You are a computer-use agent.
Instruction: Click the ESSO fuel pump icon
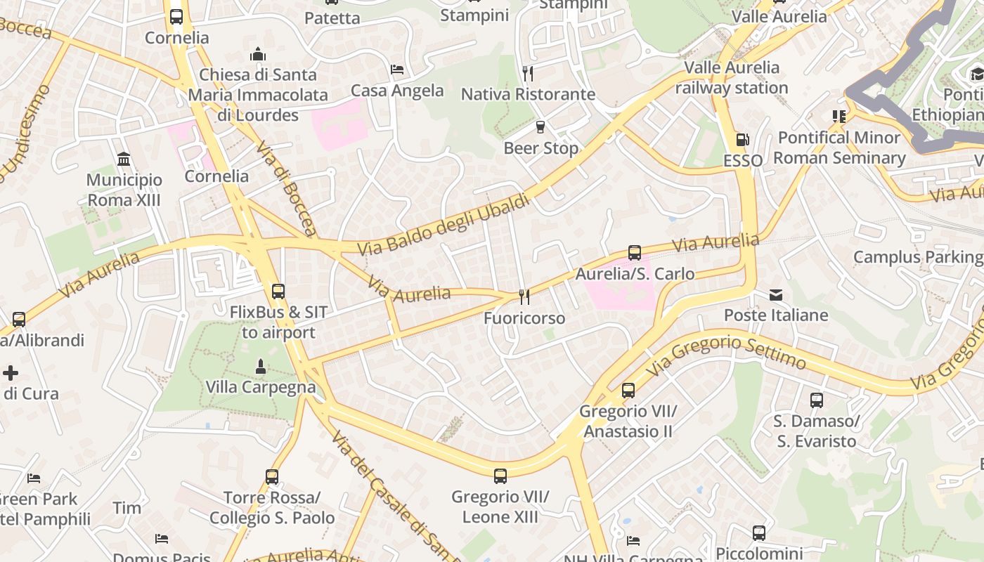(x=742, y=140)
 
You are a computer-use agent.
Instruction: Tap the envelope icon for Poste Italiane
(x=776, y=295)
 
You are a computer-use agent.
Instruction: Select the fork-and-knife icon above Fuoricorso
(x=524, y=297)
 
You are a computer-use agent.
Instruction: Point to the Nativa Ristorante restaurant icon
(x=528, y=73)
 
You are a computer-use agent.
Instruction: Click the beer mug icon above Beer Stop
(x=540, y=127)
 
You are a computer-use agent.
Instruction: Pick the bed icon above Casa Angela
(x=397, y=70)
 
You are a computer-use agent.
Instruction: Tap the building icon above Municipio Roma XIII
(x=124, y=159)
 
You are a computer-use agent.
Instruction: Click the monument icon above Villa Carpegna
(x=261, y=366)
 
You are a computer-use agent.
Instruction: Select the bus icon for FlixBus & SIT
(x=278, y=291)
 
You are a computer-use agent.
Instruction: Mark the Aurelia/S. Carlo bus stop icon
(x=635, y=253)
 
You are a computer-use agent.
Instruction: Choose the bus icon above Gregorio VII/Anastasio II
(x=628, y=391)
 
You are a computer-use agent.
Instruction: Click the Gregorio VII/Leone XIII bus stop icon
(x=500, y=476)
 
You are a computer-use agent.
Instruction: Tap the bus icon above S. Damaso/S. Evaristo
(x=816, y=400)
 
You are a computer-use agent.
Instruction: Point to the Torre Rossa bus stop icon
(x=272, y=477)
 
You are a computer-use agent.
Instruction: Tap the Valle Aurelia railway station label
(x=732, y=77)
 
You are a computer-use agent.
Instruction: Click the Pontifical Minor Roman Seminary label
(x=839, y=148)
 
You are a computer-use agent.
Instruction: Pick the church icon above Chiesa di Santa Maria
(x=258, y=54)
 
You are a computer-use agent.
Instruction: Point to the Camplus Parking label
(x=918, y=257)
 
